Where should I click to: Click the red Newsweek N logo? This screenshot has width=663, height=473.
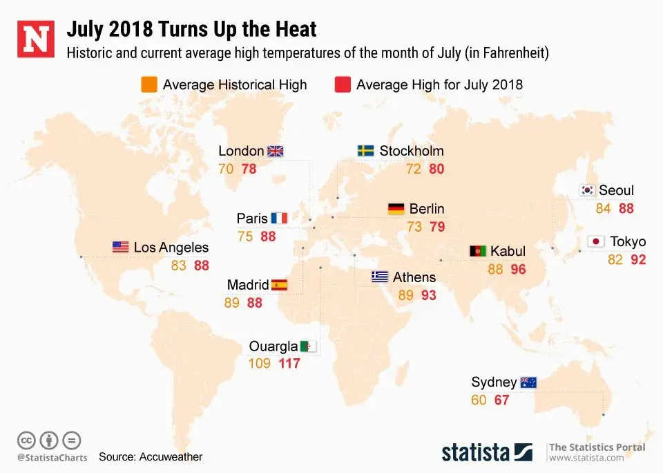pyautogui.click(x=36, y=39)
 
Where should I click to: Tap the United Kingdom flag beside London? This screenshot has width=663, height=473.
pyautogui.click(x=276, y=151)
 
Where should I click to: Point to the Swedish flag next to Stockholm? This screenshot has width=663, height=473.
pyautogui.click(x=366, y=151)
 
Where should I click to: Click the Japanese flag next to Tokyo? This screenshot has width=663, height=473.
pyautogui.click(x=596, y=241)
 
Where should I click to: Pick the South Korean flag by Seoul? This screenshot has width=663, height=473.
pyautogui.click(x=588, y=190)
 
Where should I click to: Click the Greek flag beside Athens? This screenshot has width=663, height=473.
pyautogui.click(x=379, y=277)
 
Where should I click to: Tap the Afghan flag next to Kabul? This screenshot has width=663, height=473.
pyautogui.click(x=478, y=251)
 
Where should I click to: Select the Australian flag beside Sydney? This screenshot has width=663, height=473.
pyautogui.click(x=528, y=382)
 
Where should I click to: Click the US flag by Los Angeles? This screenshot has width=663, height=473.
pyautogui.click(x=120, y=247)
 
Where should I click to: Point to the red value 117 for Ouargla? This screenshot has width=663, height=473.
pyautogui.click(x=289, y=363)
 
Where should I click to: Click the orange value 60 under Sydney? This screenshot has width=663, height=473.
pyautogui.click(x=479, y=400)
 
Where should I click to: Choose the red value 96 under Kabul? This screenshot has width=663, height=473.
pyautogui.click(x=518, y=270)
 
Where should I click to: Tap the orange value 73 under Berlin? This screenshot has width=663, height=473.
pyautogui.click(x=414, y=227)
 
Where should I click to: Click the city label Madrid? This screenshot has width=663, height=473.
pyautogui.click(x=247, y=285)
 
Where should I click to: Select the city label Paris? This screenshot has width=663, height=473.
pyautogui.click(x=252, y=219)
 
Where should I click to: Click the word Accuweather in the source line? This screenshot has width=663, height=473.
pyautogui.click(x=171, y=456)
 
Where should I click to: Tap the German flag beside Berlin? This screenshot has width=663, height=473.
pyautogui.click(x=396, y=209)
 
